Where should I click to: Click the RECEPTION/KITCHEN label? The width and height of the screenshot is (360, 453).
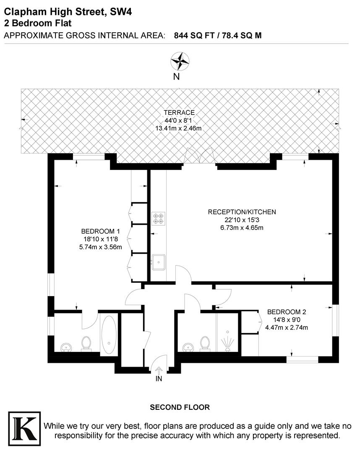pyautogui.click(x=242, y=212)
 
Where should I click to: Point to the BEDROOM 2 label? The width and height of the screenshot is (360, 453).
pyautogui.click(x=287, y=312)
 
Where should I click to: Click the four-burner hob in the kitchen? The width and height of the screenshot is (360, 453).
pyautogui.click(x=158, y=217)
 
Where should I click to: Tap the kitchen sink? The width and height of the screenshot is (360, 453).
pyautogui.click(x=159, y=262)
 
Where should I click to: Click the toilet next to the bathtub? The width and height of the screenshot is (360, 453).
pyautogui.click(x=86, y=343)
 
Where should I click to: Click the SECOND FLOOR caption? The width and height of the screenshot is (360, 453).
pyautogui.click(x=180, y=407)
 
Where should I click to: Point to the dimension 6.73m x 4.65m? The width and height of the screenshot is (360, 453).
pyautogui.click(x=242, y=228)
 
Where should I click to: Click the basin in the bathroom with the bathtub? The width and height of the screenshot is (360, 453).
pyautogui.click(x=66, y=347)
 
